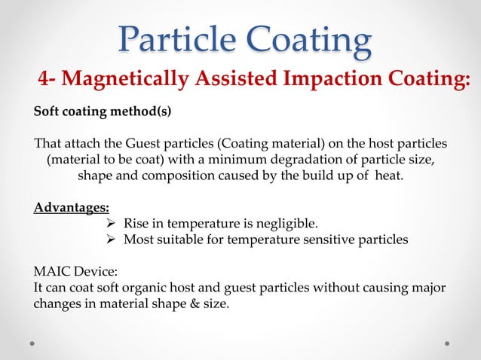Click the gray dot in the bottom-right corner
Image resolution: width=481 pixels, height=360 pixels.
(x=447, y=343)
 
